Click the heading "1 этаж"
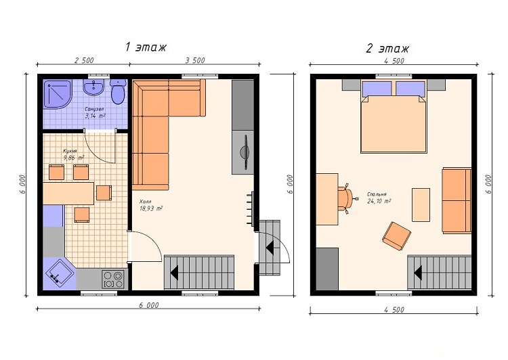pyautogui.click(x=146, y=47)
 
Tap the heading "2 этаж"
pyautogui.click(x=387, y=48)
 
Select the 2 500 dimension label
pyautogui.click(x=84, y=60)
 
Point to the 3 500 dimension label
pyautogui.click(x=195, y=60)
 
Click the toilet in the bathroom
pyautogui.click(x=117, y=91)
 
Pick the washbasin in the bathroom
pyautogui.click(x=93, y=87)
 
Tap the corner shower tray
pyautogui.click(x=57, y=94)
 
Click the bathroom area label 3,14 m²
pyautogui.click(x=95, y=116)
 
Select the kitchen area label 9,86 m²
pyautogui.click(x=74, y=158)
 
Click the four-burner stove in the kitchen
pyautogui.click(x=112, y=279)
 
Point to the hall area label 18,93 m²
pyautogui.click(x=151, y=208)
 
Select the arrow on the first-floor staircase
pyautogui.click(x=174, y=272)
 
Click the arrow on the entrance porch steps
pyautogui.click(x=270, y=248)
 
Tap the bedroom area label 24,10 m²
pyautogui.click(x=379, y=201)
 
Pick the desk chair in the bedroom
pyautogui.click(x=346, y=198)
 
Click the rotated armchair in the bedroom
pyautogui.click(x=396, y=236)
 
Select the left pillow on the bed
pyautogui.click(x=377, y=89)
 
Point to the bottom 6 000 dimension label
pyautogui.click(x=149, y=305)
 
